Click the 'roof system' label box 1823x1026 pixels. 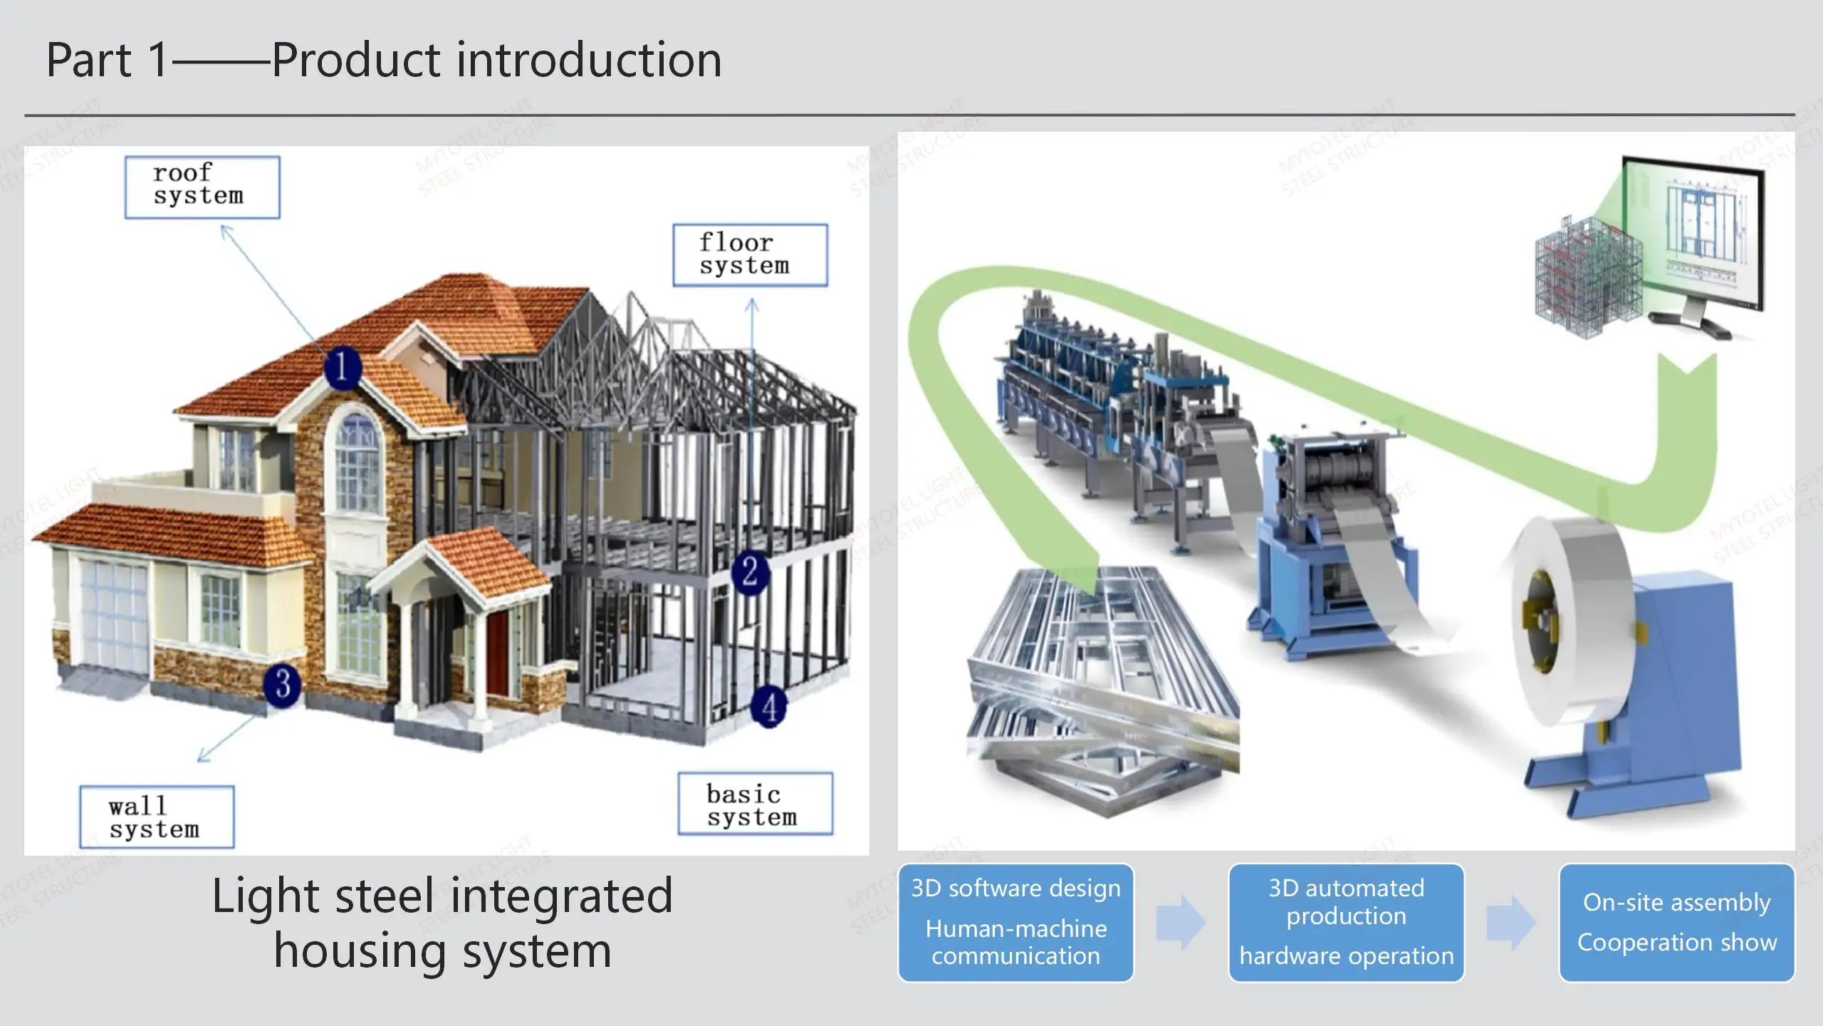pyautogui.click(x=202, y=187)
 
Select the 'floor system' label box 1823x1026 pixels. pyautogui.click(x=750, y=255)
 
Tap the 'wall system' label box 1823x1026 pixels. pyautogui.click(x=157, y=817)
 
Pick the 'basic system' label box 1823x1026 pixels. pyautogui.click(x=755, y=804)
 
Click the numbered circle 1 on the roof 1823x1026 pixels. pyautogui.click(x=343, y=368)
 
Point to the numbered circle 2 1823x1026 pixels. pyautogui.click(x=750, y=572)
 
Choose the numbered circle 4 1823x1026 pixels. pyautogui.click(x=769, y=706)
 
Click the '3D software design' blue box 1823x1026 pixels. pyautogui.click(x=1015, y=923)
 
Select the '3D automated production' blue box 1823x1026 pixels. pyautogui.click(x=1346, y=923)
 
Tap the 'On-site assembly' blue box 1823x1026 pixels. pyautogui.click(x=1676, y=923)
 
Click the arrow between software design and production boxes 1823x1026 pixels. pyautogui.click(x=1180, y=923)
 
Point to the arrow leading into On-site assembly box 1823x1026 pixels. pyautogui.click(x=1511, y=923)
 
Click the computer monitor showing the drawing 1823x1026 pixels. pyautogui.click(x=1695, y=235)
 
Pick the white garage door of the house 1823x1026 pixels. pyautogui.click(x=114, y=613)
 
